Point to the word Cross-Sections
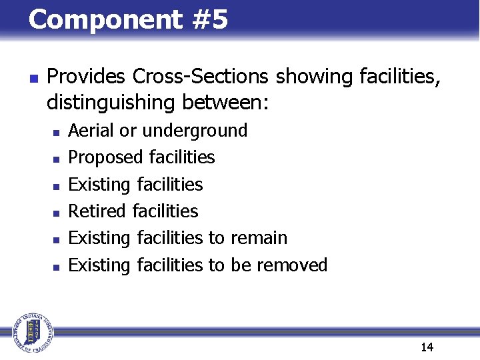tap(201, 77)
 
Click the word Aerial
tap(91, 131)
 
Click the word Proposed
tap(107, 157)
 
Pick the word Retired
tap(97, 211)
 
